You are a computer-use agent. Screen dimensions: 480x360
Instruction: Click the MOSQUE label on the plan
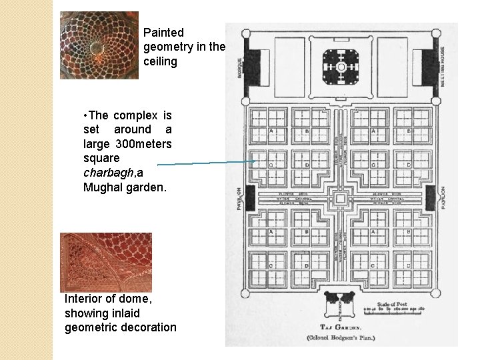[x=240, y=67]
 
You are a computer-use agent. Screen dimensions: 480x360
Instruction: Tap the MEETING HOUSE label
[x=443, y=67]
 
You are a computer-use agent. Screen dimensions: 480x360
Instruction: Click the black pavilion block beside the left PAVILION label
[x=251, y=198]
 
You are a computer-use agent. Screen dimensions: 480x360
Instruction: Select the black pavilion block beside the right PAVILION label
[x=430, y=198]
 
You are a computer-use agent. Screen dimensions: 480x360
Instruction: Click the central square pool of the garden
[x=340, y=199]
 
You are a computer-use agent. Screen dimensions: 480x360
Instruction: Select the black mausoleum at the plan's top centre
[x=341, y=67]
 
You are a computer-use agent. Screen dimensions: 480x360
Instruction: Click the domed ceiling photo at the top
[x=99, y=45]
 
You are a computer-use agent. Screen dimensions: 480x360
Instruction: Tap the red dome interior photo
[x=105, y=262]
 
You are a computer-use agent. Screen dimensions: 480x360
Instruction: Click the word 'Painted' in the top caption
[x=163, y=32]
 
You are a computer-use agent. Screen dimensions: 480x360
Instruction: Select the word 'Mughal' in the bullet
[x=103, y=187]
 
